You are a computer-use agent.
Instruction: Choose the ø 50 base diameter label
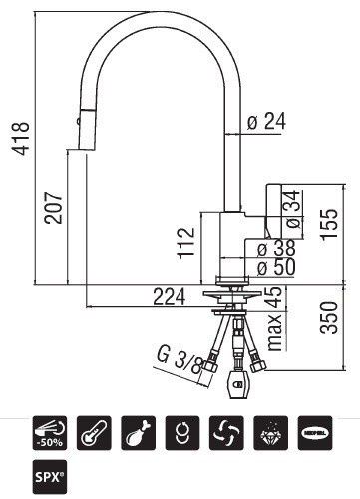273,267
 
